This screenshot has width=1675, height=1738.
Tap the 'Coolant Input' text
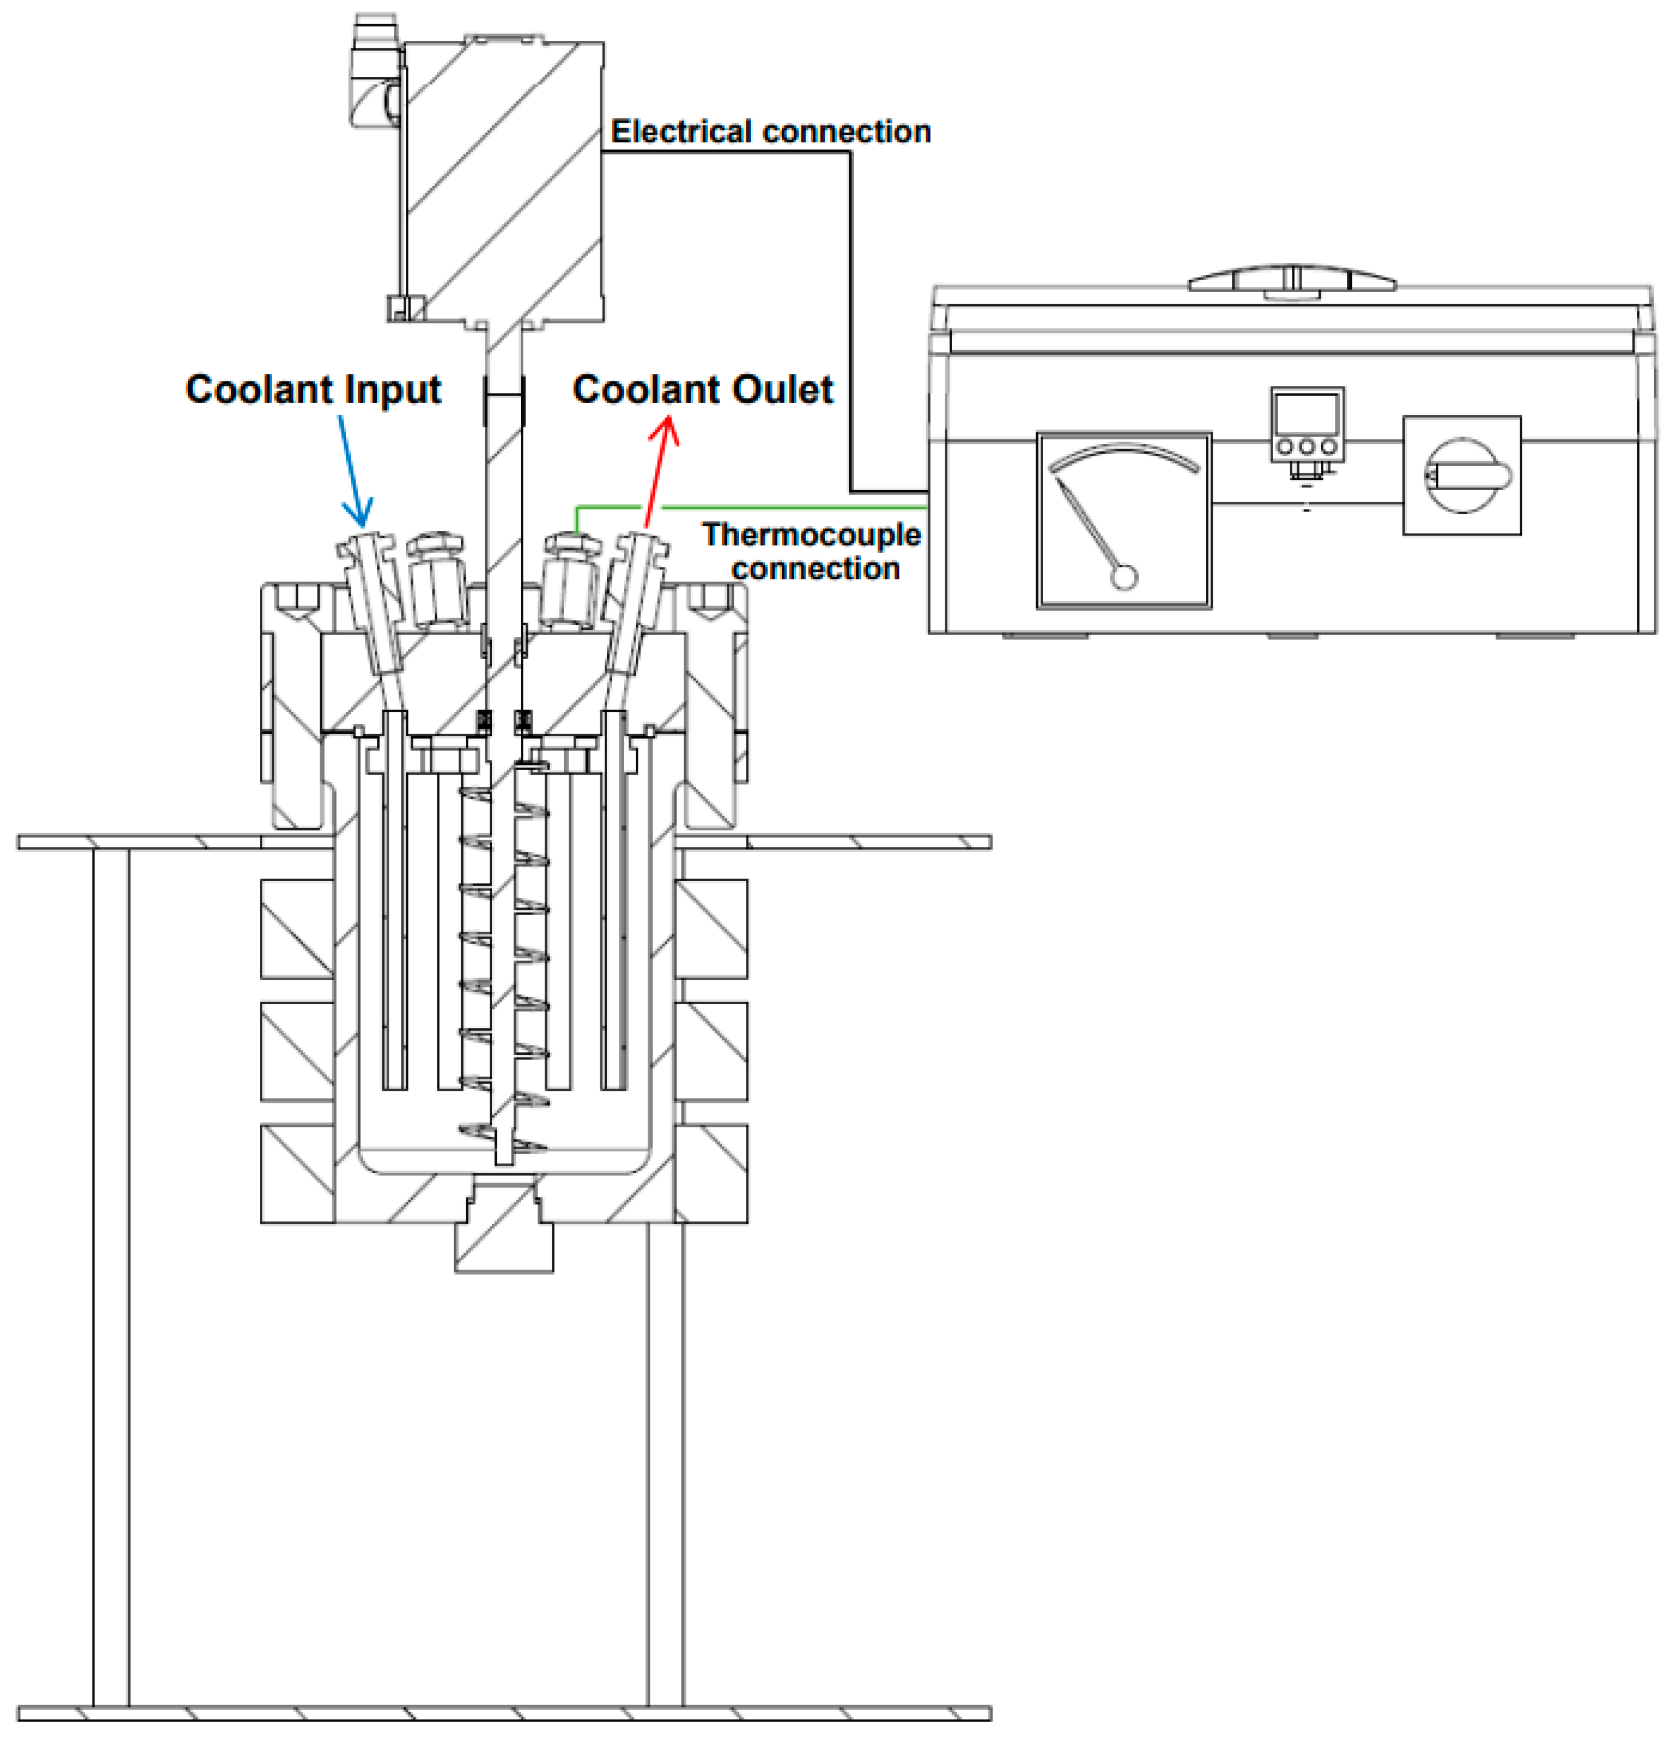click(313, 389)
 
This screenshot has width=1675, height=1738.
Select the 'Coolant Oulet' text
click(702, 389)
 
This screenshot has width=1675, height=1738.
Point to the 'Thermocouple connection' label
click(811, 550)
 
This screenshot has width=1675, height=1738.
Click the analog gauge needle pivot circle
click(1124, 577)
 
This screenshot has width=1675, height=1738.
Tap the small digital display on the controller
click(1306, 412)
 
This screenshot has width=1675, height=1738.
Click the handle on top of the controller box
click(1292, 280)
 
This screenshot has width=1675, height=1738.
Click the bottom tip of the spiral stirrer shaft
click(504, 1157)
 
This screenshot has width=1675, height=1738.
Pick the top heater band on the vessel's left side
click(297, 928)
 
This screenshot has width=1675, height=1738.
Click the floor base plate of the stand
click(504, 1713)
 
